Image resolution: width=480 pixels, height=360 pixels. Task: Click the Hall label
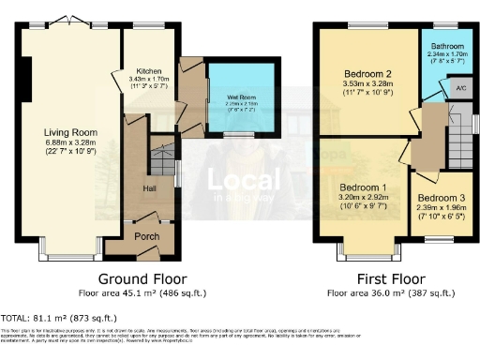[x=149, y=188]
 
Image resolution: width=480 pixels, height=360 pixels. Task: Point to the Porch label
[x=146, y=236]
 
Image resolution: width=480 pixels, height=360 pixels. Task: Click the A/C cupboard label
[x=459, y=89]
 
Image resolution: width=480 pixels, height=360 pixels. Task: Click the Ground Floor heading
[x=144, y=278]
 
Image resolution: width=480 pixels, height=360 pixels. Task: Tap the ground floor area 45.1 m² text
[x=144, y=292]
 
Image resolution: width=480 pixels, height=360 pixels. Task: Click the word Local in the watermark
[x=239, y=179]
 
